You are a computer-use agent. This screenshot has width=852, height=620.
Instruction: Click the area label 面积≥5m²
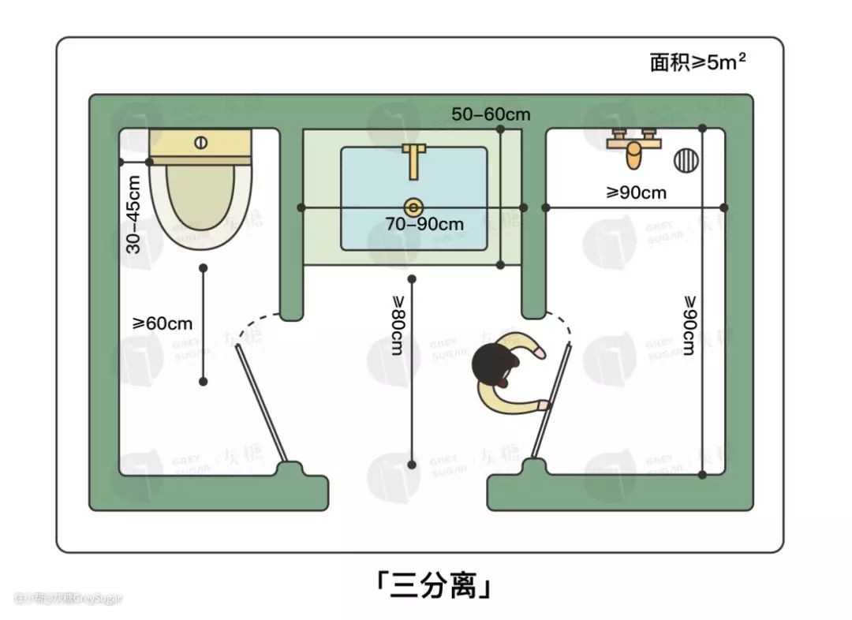(x=697, y=62)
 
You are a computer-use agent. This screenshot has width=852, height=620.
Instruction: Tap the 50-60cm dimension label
(x=491, y=114)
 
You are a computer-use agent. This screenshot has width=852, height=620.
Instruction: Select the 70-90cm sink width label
(x=424, y=224)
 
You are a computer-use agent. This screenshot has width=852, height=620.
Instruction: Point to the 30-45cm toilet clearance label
(x=134, y=213)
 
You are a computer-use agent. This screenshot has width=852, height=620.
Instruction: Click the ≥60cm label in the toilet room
(x=163, y=323)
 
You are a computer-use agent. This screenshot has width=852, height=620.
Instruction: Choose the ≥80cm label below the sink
(x=397, y=324)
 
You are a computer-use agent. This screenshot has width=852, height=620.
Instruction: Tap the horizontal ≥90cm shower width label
(x=636, y=192)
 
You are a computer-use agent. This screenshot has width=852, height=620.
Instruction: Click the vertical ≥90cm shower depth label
(x=689, y=324)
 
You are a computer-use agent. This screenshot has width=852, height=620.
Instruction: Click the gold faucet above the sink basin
(x=413, y=159)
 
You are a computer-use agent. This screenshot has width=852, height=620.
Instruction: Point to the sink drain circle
(x=413, y=207)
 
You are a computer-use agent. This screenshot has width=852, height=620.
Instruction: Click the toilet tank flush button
(x=200, y=143)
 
